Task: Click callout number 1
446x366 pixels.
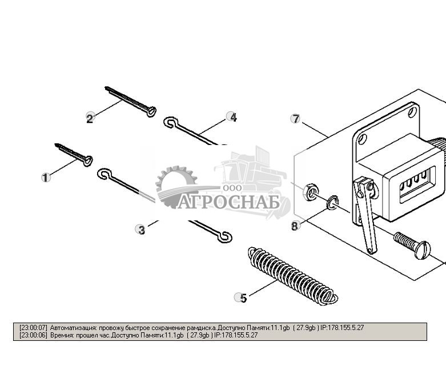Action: point(46,178)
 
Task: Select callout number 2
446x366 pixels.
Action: point(90,118)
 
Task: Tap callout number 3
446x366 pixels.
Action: point(140,230)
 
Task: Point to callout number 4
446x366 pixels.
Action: point(232,117)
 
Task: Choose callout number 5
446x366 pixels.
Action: point(242,297)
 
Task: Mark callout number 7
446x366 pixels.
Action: point(295,119)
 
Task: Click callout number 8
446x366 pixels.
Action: point(295,226)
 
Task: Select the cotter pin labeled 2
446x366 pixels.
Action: point(131,102)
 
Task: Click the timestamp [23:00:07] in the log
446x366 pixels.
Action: point(34,328)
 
